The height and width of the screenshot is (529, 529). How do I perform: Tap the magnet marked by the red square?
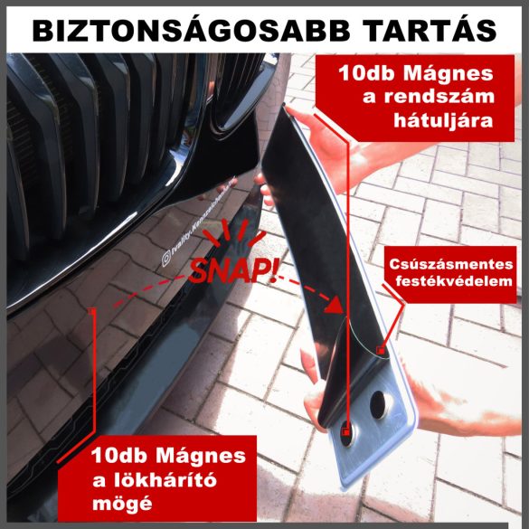pos(349,432)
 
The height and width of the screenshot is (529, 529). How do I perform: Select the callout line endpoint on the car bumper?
pos(93,308)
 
